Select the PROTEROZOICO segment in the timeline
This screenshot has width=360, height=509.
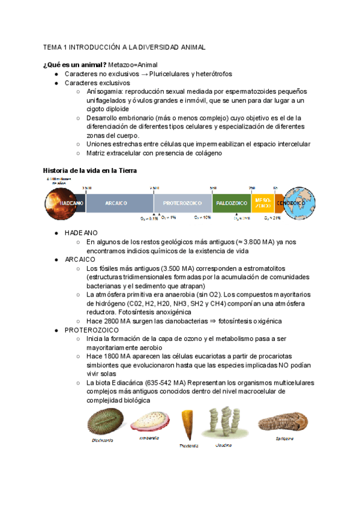(182, 203)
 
